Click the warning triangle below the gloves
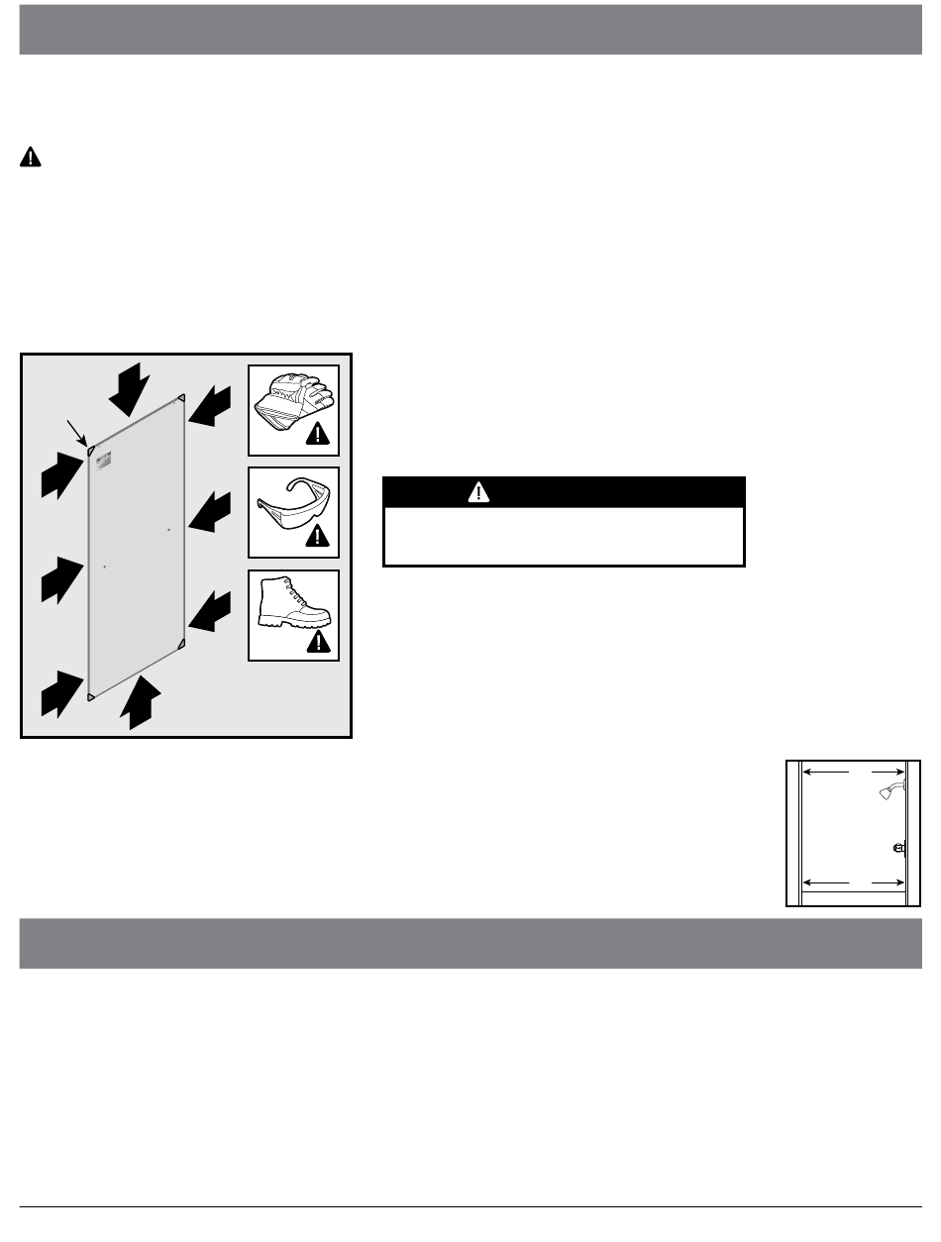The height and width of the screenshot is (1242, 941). click(x=318, y=433)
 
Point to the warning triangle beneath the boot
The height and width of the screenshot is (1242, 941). click(x=318, y=641)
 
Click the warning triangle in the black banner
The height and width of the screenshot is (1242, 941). click(x=479, y=492)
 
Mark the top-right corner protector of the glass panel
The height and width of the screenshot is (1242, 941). click(x=180, y=400)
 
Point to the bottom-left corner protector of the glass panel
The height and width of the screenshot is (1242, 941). click(x=91, y=697)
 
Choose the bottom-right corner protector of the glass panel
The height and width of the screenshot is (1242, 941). click(x=181, y=646)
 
